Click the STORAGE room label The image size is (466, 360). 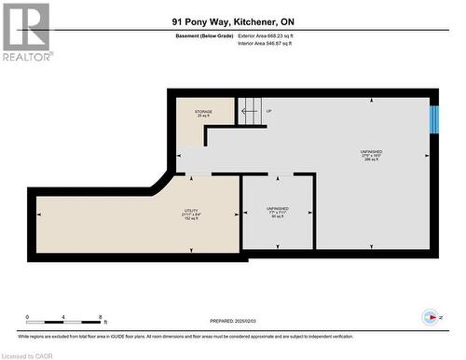pyautogui.click(x=203, y=113)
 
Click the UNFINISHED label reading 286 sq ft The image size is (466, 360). pyautogui.click(x=371, y=155)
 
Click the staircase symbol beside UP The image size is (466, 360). pyautogui.click(x=248, y=114)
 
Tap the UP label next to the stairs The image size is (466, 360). pyautogui.click(x=269, y=111)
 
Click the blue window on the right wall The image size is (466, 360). pyautogui.click(x=432, y=120)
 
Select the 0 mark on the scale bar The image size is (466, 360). pyautogui.click(x=28, y=317)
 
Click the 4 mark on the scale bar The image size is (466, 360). pyautogui.click(x=63, y=317)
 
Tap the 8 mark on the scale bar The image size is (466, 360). pyautogui.click(x=99, y=317)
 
